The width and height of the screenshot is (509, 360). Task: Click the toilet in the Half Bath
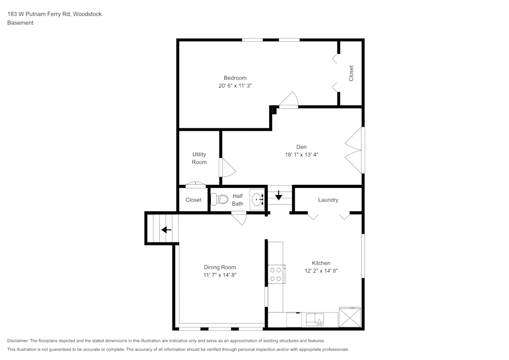coord(219,199)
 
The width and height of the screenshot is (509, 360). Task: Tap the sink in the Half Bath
coord(257,199)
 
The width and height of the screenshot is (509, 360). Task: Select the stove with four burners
coord(276,274)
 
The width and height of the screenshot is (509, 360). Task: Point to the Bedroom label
coord(235,78)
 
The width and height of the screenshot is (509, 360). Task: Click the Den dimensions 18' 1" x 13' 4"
coord(301,155)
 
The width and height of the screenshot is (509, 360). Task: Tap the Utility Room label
coord(199,158)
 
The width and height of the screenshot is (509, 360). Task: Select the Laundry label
coord(328,200)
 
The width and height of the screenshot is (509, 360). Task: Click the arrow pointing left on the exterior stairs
coord(166,230)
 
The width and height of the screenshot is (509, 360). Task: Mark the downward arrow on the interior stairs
coord(278,195)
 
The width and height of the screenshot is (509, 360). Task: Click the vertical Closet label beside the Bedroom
coord(351,73)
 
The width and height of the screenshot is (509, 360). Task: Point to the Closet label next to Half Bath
coord(193,200)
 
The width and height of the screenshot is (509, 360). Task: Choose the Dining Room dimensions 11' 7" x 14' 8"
coord(220,275)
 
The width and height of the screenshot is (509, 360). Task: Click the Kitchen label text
coord(321,263)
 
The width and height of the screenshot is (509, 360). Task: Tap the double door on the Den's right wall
coord(355,150)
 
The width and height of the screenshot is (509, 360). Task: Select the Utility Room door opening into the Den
coord(226,168)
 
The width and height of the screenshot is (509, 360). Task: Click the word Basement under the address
coord(20,23)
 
